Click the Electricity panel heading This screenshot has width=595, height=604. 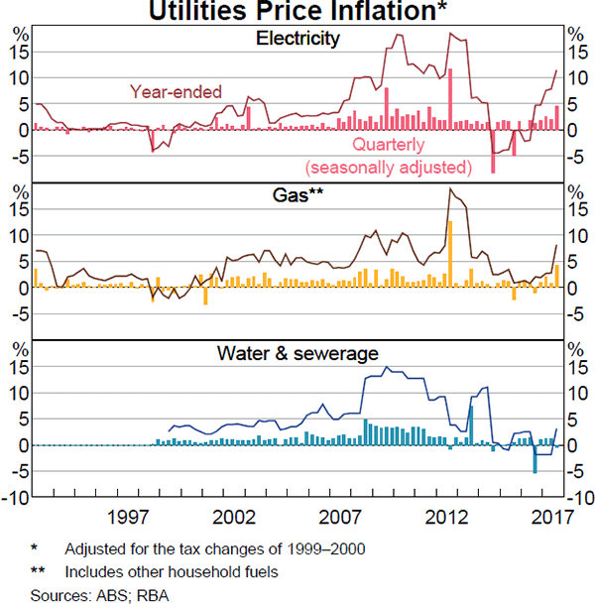(297, 40)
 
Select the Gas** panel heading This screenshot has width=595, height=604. (297, 195)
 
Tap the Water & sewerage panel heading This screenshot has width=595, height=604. (297, 353)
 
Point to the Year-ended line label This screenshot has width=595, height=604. (177, 91)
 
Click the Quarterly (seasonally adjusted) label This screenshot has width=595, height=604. (388, 156)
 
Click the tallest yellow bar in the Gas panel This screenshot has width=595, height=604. (450, 254)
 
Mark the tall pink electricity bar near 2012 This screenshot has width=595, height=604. (450, 98)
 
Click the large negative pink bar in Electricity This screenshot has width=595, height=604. (493, 151)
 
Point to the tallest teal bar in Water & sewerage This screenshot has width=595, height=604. (471, 424)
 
